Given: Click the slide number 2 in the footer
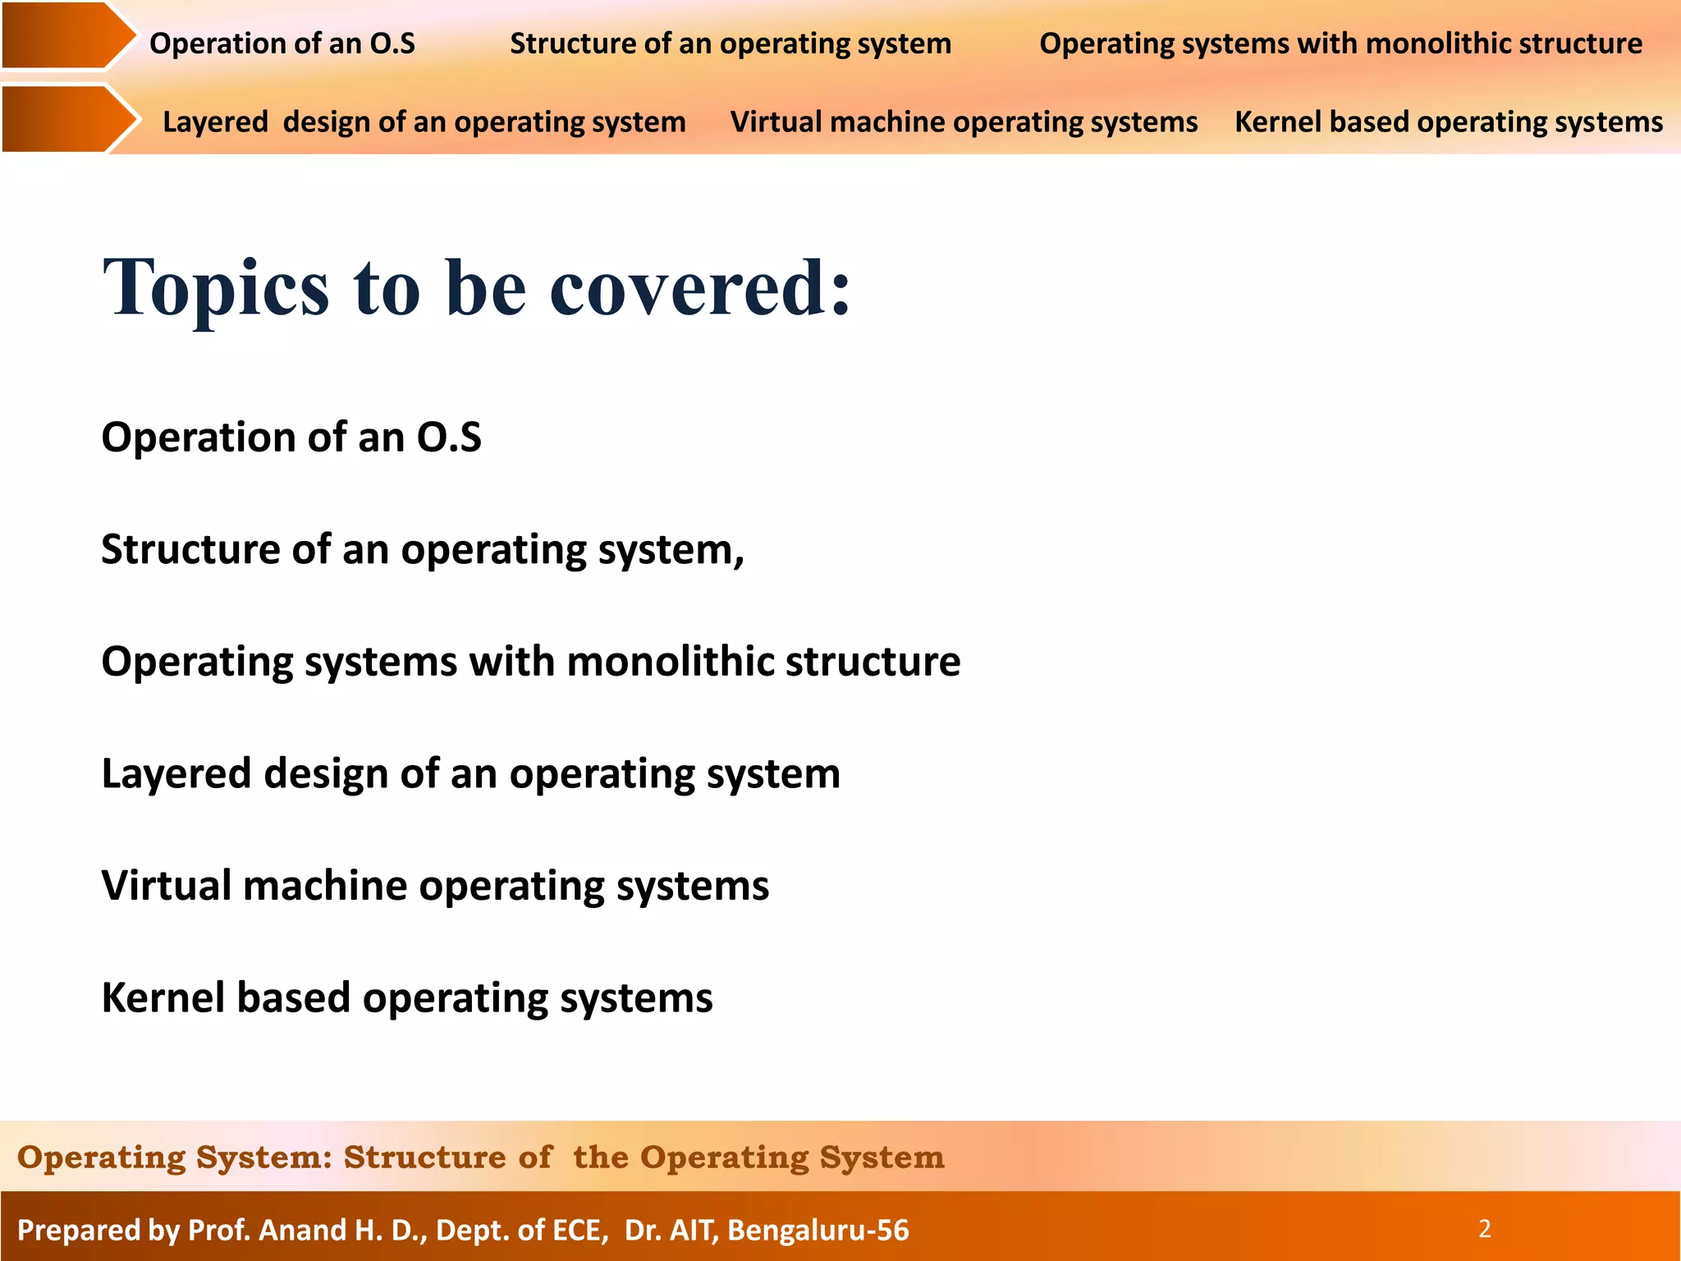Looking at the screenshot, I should tap(1484, 1229).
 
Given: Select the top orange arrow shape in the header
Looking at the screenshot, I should tap(66, 35).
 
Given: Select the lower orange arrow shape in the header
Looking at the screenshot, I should tap(66, 118).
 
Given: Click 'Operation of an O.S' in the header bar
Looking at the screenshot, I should tap(282, 44).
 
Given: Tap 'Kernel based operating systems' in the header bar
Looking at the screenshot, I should tap(1448, 122).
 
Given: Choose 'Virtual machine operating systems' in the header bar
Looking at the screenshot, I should tap(964, 122).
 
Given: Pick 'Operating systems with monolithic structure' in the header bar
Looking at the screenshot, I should tap(1340, 44).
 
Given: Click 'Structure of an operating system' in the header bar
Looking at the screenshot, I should tap(730, 44).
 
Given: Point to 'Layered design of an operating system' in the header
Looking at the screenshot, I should tap(424, 122).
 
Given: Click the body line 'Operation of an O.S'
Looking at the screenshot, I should tap(291, 437).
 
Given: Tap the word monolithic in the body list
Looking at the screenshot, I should tap(670, 662).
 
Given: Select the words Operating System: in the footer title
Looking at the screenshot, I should tap(174, 1158).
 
